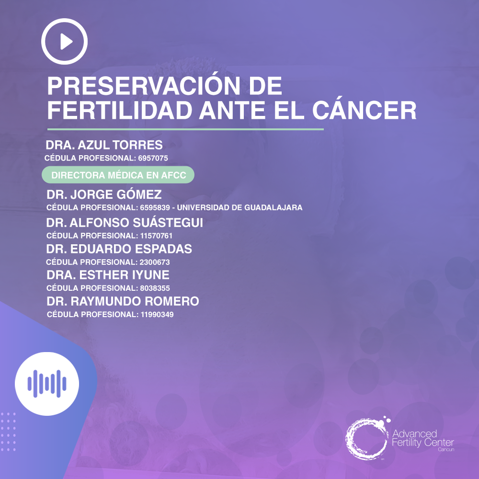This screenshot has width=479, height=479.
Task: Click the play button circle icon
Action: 65,42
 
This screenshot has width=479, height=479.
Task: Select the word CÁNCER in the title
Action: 365,111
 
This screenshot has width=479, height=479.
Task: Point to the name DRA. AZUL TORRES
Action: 104,145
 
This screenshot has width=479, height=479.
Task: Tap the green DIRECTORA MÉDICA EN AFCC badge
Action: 118,175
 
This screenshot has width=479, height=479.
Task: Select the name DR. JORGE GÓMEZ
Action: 104,195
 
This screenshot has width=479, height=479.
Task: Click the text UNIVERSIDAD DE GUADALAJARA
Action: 240,208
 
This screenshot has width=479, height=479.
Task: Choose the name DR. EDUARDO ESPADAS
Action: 119,249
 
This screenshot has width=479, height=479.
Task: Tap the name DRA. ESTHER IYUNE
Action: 108,275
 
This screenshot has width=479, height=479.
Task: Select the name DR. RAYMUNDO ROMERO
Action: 123,302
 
